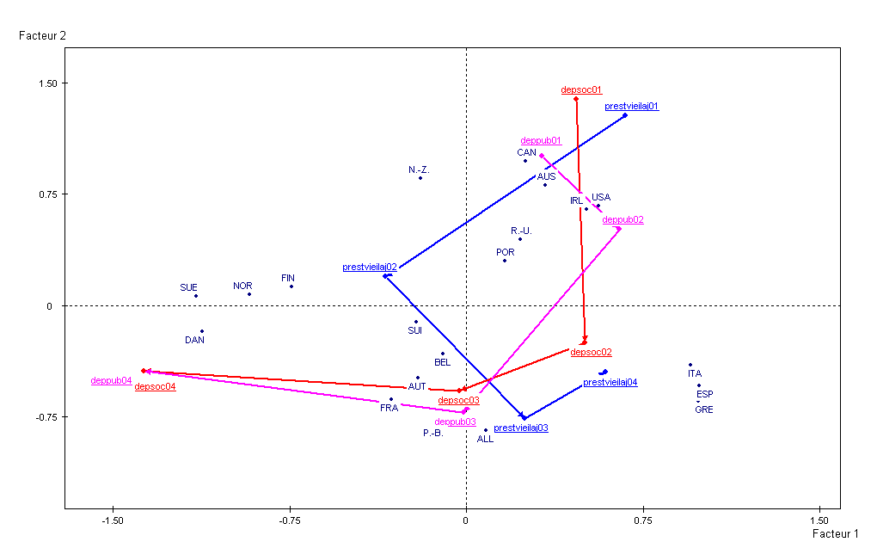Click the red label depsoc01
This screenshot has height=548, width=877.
[581, 89]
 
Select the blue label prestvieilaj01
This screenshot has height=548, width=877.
[631, 107]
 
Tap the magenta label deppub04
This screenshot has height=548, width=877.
[111, 380]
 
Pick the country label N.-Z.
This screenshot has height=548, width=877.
[419, 170]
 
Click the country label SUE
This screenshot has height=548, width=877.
[188, 287]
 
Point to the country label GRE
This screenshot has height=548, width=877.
[703, 409]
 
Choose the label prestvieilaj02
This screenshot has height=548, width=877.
[369, 267]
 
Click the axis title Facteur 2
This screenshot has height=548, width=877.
[42, 36]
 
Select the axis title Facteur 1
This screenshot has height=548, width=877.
[835, 534]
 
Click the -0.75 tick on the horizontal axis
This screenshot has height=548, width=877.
[290, 520]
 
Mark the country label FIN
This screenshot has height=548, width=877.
[288, 278]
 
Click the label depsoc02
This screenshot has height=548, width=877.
[591, 352]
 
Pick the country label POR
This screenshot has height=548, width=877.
[505, 252]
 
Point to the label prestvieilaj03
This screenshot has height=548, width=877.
[520, 428]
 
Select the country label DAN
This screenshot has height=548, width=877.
[194, 340]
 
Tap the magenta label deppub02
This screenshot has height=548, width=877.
[622, 219]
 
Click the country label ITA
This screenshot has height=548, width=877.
[694, 373]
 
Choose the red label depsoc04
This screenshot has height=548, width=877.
[155, 387]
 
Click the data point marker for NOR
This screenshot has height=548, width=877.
[249, 294]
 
